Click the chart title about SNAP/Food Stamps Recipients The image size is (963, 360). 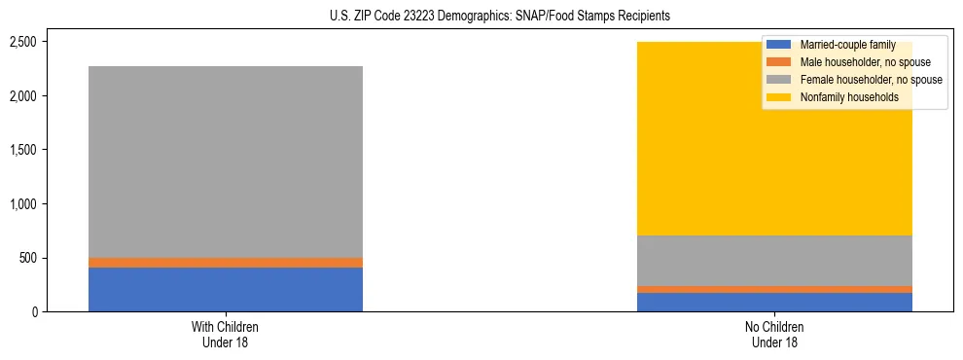(481, 17)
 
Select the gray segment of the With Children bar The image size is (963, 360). (226, 162)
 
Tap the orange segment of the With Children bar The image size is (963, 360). (226, 263)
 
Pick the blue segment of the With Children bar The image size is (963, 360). (226, 289)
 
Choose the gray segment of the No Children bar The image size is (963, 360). (774, 261)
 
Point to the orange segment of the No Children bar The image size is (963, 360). (774, 289)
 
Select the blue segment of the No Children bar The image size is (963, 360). (774, 302)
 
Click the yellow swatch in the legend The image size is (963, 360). (780, 97)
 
